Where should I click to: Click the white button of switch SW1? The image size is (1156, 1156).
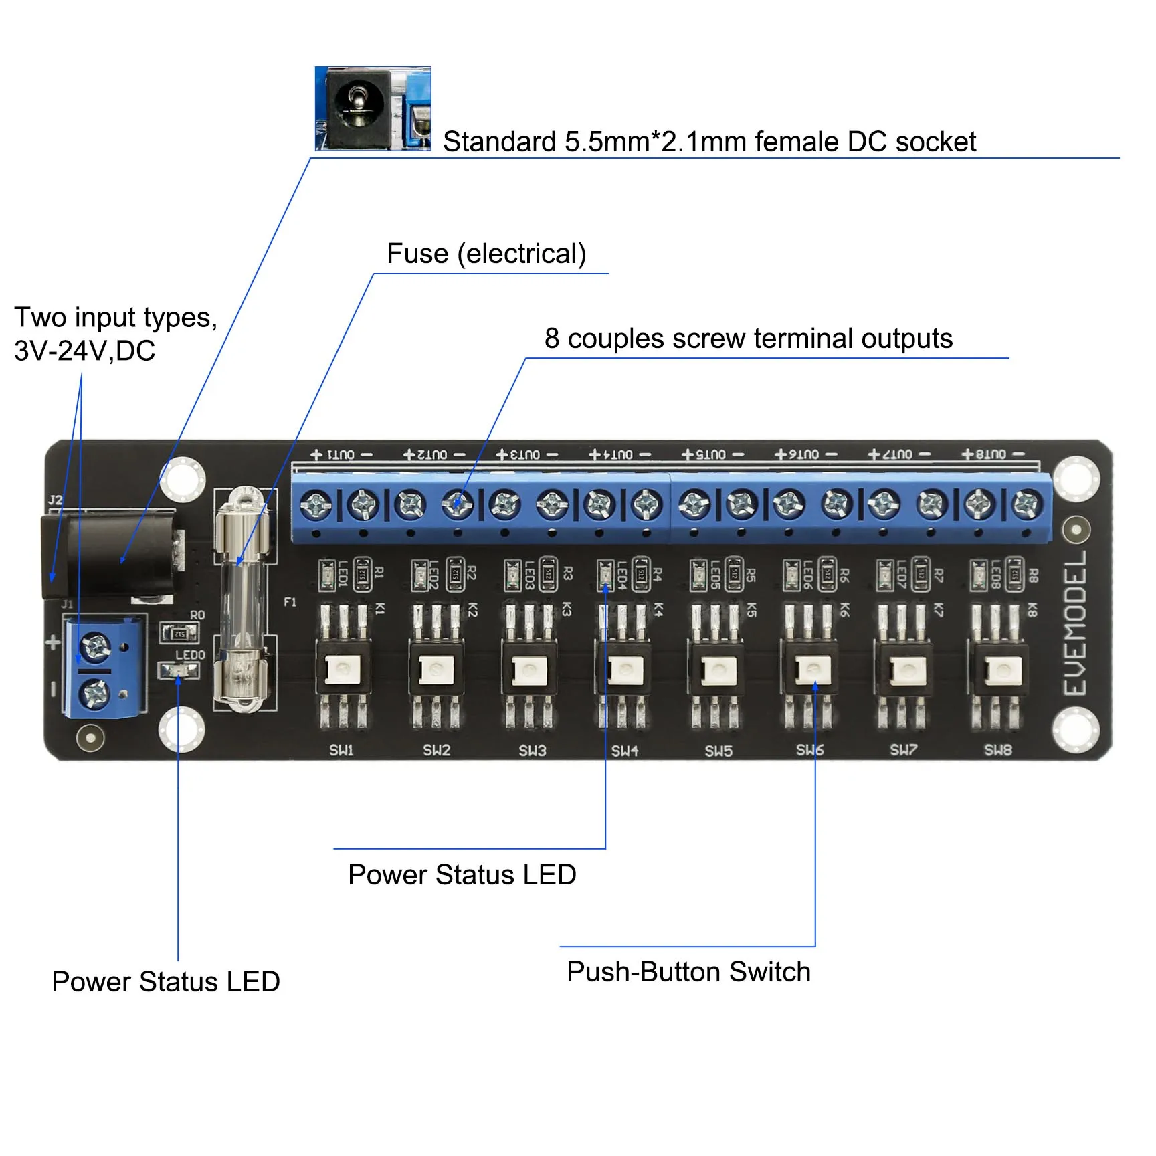click(343, 670)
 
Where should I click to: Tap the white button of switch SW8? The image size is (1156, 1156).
click(999, 670)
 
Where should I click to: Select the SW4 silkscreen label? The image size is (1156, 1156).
click(625, 751)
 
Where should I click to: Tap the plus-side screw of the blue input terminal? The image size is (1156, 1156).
click(94, 647)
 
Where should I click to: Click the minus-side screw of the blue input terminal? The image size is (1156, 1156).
click(94, 694)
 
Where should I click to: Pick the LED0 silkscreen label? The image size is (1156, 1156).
click(190, 655)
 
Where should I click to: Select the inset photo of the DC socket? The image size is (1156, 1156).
click(373, 108)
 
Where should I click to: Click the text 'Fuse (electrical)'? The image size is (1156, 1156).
click(486, 254)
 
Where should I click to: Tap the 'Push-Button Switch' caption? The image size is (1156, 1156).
click(688, 971)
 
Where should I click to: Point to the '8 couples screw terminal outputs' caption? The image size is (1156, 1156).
click(748, 339)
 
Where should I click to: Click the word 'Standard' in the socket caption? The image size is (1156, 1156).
click(499, 142)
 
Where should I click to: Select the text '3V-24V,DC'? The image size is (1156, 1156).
click(85, 351)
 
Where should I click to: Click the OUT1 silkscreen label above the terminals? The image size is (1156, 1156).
click(341, 455)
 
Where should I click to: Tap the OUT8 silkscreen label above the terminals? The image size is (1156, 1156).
click(992, 455)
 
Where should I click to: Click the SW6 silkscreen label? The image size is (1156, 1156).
click(810, 751)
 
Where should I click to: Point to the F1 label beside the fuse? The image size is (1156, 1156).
click(290, 602)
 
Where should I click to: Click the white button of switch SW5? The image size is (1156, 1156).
click(718, 670)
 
